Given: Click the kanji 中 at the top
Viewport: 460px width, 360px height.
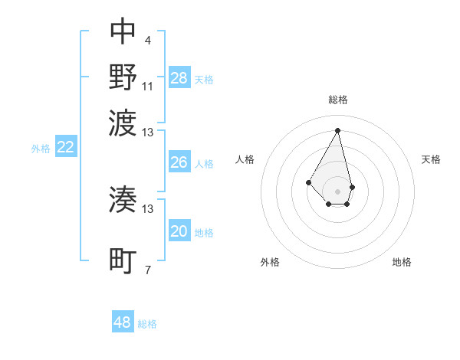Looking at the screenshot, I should coord(123,32).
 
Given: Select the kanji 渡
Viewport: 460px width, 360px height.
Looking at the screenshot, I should coord(123,121).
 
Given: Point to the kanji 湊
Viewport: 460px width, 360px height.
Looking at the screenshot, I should coord(123,200).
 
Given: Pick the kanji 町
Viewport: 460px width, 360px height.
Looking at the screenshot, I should coord(123,261).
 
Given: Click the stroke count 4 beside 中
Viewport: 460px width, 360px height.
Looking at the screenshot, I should coord(147,41).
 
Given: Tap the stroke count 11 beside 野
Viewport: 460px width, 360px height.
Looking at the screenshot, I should coord(148,86).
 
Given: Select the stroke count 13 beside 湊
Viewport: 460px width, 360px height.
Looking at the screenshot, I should coord(148,208).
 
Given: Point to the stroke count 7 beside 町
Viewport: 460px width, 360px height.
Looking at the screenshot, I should coord(147,270).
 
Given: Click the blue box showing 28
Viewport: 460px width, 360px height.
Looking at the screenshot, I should coord(179,78).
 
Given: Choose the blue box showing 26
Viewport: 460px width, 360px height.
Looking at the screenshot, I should coord(179,162).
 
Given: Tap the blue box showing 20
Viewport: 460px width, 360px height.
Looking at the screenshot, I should coord(179,231).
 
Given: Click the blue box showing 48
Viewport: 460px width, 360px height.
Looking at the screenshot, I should coord(123,322).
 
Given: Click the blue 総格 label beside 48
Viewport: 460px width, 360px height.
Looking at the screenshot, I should coord(147,324).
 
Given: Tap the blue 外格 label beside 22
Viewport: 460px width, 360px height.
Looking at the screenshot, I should coord(41,149).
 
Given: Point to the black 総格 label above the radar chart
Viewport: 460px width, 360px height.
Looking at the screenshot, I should coord(338,100).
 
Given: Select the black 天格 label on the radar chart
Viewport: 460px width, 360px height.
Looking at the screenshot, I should coord(432,159).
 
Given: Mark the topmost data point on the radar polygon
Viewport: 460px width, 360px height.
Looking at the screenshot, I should coord(337,130).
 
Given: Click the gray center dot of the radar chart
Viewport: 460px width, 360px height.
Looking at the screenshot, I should coord(337,191).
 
